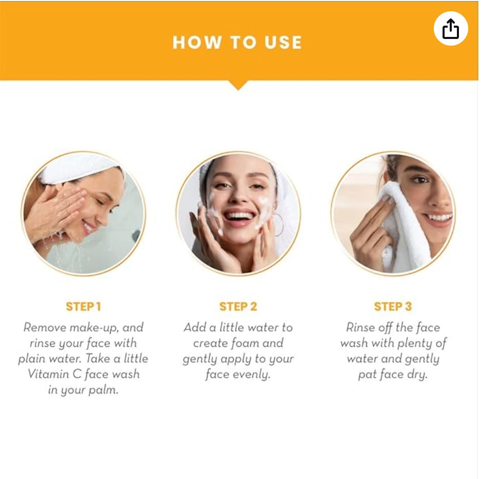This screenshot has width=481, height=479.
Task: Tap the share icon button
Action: point(450,29)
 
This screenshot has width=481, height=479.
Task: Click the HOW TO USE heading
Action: point(237,43)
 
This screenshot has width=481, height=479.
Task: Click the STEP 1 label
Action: point(83,307)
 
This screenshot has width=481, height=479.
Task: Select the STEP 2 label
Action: point(238,307)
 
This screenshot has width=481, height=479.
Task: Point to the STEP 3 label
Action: point(393,307)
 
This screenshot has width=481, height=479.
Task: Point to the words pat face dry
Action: point(392,374)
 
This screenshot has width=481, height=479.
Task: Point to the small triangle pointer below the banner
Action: point(237,85)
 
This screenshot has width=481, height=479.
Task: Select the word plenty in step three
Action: point(416,343)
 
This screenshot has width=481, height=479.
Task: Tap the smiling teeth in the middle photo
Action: point(239,215)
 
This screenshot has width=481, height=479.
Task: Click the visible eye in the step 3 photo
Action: point(420,179)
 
